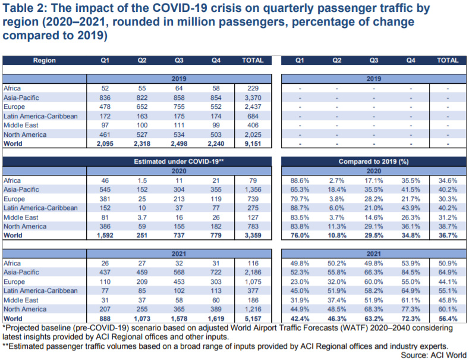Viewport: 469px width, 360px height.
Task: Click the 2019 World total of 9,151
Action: pyautogui.click(x=253, y=144)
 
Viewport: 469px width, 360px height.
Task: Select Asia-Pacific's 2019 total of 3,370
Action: pyautogui.click(x=253, y=98)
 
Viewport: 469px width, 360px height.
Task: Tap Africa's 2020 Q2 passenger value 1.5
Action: pyautogui.click(x=142, y=181)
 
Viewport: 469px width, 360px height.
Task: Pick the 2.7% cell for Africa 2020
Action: pyautogui.click(x=336, y=181)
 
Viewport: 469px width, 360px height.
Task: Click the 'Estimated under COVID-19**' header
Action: pyautogui.click(x=179, y=162)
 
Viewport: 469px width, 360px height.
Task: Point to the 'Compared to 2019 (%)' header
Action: pyautogui.click(x=373, y=162)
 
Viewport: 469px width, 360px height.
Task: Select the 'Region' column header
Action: pyautogui.click(x=44, y=60)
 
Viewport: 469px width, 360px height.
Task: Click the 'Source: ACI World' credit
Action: pyautogui.click(x=433, y=355)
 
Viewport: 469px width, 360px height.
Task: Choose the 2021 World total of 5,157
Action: pyautogui.click(x=253, y=319)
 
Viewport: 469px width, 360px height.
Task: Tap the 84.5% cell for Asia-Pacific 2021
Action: pyautogui.click(x=411, y=273)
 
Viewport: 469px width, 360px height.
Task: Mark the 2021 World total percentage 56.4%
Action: pyautogui.click(x=448, y=319)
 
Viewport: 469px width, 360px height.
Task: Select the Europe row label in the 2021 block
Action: pyautogui.click(x=14, y=282)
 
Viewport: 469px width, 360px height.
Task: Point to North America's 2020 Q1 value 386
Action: pyautogui.click(x=105, y=227)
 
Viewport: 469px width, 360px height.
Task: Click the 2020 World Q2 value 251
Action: pyautogui.click(x=142, y=236)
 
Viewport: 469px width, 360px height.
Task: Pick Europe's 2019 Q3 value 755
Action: pyautogui.click(x=179, y=107)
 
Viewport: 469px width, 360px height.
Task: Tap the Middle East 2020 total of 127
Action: pyautogui.click(x=253, y=217)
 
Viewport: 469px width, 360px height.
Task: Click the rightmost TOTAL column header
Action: pyautogui.click(x=448, y=60)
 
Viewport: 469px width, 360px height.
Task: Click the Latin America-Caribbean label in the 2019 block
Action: pyautogui.click(x=40, y=116)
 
